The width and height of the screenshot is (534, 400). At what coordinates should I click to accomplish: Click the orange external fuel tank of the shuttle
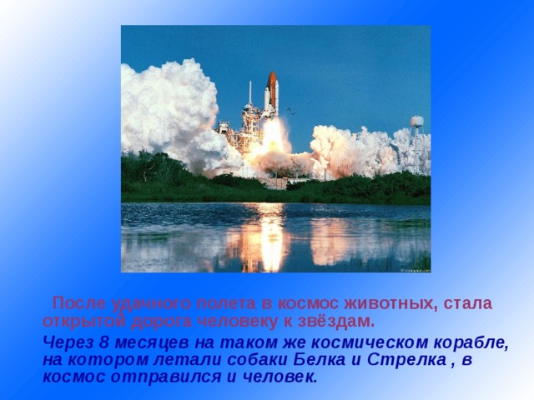273,90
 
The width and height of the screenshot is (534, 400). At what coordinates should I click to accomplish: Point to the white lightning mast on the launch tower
250,92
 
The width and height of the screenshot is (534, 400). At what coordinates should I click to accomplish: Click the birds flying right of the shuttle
290,110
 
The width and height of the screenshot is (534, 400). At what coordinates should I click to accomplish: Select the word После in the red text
79,303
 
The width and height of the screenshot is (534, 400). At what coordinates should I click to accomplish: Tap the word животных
390,303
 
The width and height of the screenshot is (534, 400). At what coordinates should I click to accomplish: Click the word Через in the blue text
68,342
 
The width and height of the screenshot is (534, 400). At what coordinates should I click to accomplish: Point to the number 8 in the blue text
103,342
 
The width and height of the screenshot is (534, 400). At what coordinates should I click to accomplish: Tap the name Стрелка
407,360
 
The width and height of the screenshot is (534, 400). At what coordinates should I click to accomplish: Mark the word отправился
165,377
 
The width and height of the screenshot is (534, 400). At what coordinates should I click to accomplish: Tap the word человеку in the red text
238,322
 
